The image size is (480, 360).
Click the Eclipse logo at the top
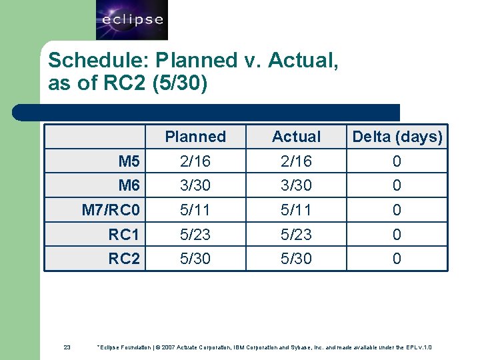coord(131,19)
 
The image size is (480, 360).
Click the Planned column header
coord(195,137)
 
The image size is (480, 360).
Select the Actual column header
coord(296,137)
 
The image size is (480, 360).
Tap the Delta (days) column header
coord(397,137)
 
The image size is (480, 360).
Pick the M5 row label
coord(129,161)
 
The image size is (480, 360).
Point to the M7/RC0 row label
coord(111,210)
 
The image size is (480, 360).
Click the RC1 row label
coord(125,235)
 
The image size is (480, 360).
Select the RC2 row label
coord(125,259)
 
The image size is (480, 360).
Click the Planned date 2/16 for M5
coord(195,161)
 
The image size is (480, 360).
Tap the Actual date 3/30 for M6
coord(296,185)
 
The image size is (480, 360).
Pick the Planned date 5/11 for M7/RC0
coord(195,210)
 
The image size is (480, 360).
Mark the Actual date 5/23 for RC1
coord(296,235)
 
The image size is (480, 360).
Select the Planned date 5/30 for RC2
coord(195,259)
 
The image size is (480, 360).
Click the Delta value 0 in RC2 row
coord(397,259)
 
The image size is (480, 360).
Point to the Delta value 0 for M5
coord(397,161)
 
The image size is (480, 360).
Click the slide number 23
coord(67,347)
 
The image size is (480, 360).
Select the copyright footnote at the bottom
coord(264,347)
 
